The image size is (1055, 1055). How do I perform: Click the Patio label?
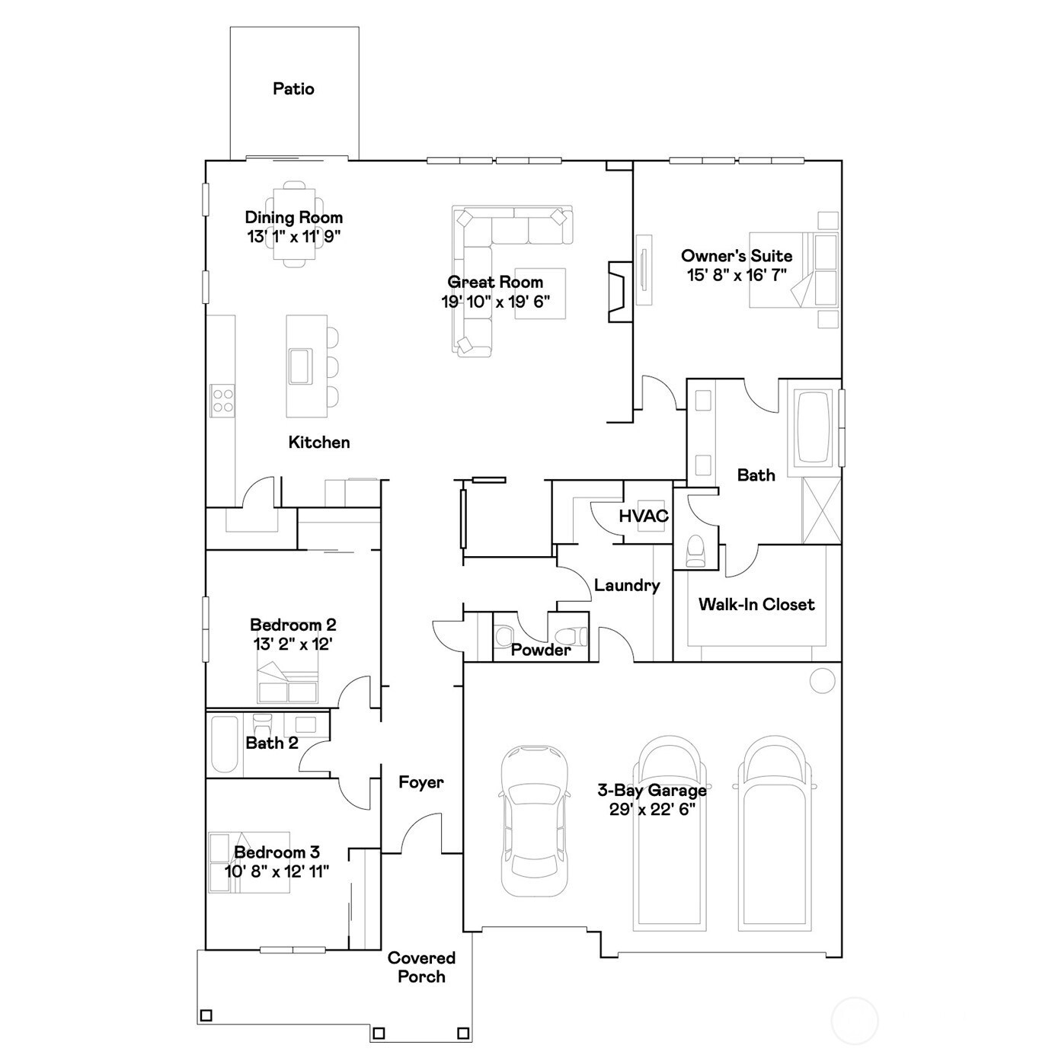tap(293, 89)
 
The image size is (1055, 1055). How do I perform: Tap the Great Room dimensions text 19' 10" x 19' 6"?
tap(495, 302)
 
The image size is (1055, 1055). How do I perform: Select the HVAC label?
tap(644, 516)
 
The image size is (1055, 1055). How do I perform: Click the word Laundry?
tap(627, 585)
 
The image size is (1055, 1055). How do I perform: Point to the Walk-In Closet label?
tap(756, 605)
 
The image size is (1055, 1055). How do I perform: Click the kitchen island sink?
tap(300, 366)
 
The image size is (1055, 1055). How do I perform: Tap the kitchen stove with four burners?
tap(222, 400)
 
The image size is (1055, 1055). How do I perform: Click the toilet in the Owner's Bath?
tap(695, 550)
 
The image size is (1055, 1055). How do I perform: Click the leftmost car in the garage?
tap(534, 821)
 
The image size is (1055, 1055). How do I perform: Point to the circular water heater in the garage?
tap(822, 680)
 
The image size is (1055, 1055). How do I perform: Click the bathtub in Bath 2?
tap(224, 744)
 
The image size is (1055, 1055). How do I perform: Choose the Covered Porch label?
tap(421, 967)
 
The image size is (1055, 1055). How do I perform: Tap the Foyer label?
tap(420, 782)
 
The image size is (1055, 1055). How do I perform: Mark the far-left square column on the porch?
tap(206, 1015)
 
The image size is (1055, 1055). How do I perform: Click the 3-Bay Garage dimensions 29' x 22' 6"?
tap(652, 810)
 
